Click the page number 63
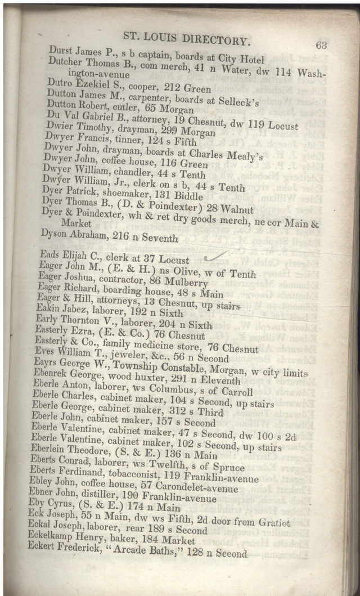[321, 46]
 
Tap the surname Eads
[50, 254]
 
